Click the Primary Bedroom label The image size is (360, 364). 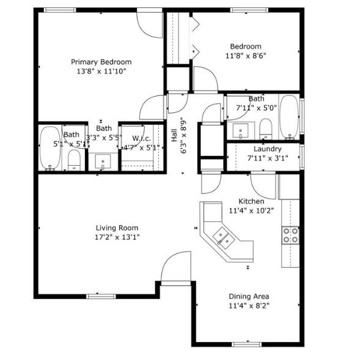pyautogui.click(x=101, y=62)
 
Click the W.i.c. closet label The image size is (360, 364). pyautogui.click(x=141, y=138)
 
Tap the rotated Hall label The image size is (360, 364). pyautogui.click(x=175, y=135)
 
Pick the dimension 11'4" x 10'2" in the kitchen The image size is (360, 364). pyautogui.click(x=251, y=210)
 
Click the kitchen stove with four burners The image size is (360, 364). pyautogui.click(x=290, y=235)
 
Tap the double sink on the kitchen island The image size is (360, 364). pyautogui.click(x=221, y=237)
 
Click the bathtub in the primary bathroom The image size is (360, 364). pyautogui.click(x=49, y=149)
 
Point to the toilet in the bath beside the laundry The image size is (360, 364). pyautogui.click(x=265, y=128)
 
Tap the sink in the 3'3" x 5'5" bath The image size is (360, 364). pyautogui.click(x=103, y=162)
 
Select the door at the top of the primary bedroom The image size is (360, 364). pyautogui.click(x=150, y=22)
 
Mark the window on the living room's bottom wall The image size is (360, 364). pyautogui.click(x=101, y=296)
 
